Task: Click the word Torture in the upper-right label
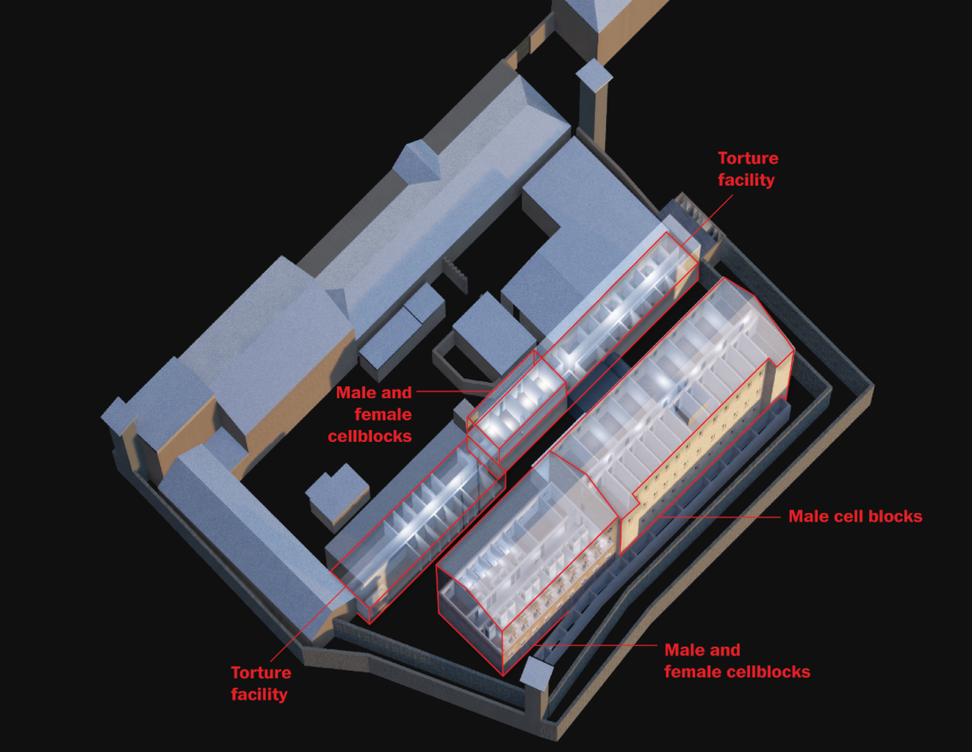click(x=748, y=159)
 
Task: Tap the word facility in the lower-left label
click(x=259, y=694)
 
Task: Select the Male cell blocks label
click(x=855, y=516)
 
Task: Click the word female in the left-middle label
click(x=383, y=414)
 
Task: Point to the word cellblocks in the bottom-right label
click(x=765, y=672)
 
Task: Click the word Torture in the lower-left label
click(x=261, y=673)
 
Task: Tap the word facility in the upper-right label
click(x=746, y=180)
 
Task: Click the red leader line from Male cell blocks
click(x=721, y=516)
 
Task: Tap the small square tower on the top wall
click(x=594, y=75)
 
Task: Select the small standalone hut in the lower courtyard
click(x=334, y=495)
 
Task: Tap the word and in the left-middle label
click(x=396, y=393)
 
